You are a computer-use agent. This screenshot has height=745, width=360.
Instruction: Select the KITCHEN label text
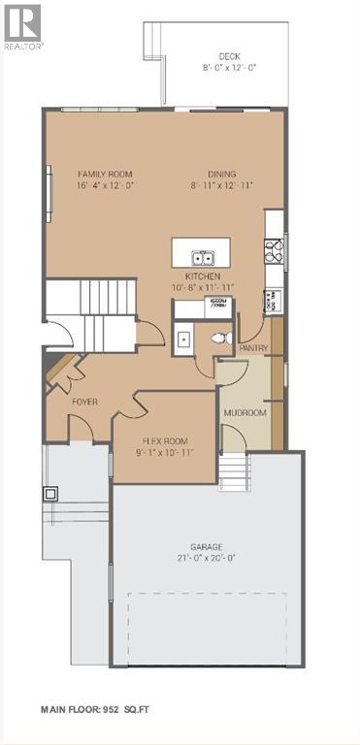[204, 276]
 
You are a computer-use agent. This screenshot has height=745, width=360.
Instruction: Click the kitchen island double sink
[204, 258]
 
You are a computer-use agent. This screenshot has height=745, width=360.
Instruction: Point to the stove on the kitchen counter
[274, 251]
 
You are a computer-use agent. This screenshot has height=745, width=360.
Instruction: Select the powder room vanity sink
[182, 339]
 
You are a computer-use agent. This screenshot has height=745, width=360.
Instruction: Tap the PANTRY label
[253, 347]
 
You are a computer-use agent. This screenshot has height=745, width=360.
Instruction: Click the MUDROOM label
[245, 413]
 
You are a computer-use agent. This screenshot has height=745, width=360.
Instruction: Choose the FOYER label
[85, 401]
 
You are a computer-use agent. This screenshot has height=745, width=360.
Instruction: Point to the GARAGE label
[206, 546]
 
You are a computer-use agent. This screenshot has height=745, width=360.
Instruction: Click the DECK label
[229, 56]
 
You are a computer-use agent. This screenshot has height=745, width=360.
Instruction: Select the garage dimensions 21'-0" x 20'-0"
[206, 558]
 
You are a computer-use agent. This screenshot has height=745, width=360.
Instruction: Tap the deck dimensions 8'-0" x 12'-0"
[229, 67]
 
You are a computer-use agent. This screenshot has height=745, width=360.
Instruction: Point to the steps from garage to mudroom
[234, 473]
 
